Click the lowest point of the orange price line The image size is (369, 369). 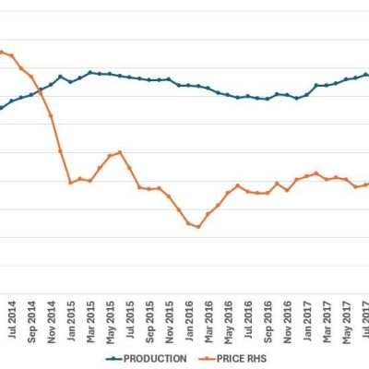click(198, 226)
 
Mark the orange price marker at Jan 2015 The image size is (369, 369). click(70, 183)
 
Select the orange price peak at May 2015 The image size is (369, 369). click(120, 152)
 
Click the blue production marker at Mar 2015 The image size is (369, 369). click(90, 72)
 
